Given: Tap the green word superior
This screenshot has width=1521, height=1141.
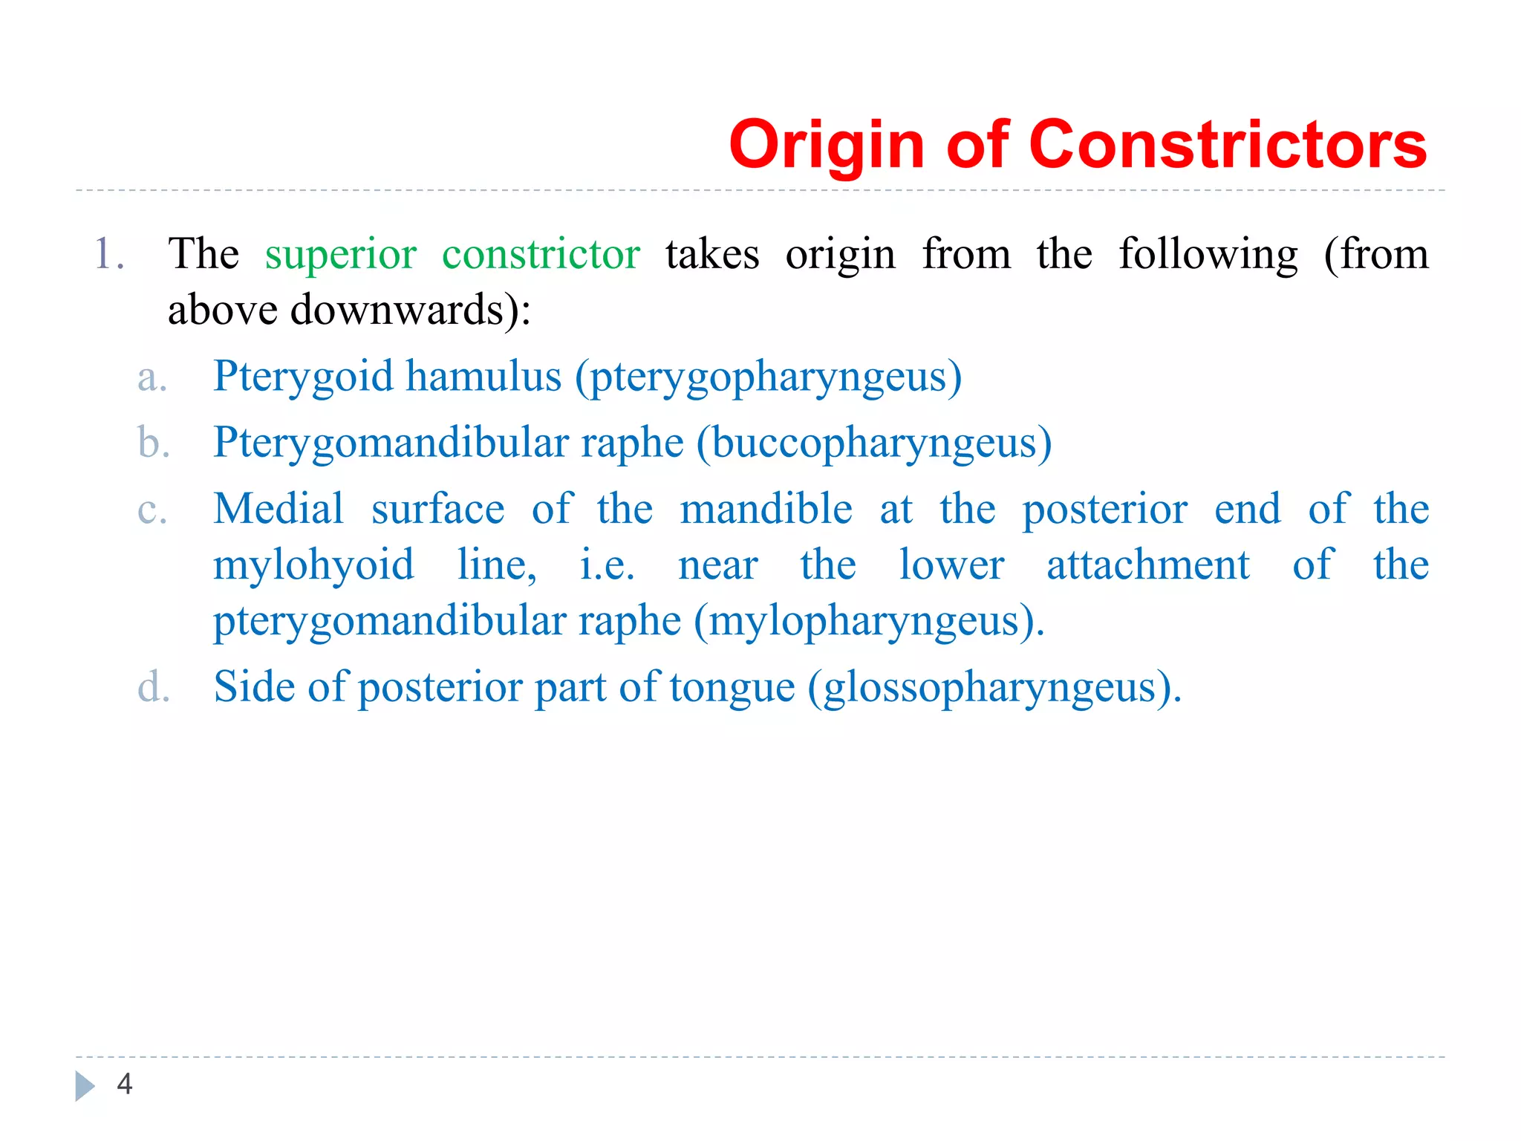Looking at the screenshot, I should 341,255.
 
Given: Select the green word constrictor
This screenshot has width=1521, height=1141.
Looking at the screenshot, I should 541,255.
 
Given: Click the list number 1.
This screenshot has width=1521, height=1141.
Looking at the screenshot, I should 108,255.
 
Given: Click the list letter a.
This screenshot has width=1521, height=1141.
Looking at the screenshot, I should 152,377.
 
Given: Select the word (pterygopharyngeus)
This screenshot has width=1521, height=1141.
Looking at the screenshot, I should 769,377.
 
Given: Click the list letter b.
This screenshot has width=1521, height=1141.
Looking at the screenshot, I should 154,443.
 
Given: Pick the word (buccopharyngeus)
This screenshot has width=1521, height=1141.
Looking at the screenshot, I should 874,443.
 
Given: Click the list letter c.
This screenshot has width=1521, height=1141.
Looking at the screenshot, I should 152,511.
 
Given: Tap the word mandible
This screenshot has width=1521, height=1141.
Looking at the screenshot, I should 766,510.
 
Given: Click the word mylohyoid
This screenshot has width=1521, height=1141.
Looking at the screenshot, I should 313,566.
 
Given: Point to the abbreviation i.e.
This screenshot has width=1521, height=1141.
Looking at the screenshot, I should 607,566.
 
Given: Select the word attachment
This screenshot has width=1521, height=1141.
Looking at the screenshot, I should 1148,565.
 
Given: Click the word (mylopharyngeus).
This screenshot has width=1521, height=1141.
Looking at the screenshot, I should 869,622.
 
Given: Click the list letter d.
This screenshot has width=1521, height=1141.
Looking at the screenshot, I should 154,687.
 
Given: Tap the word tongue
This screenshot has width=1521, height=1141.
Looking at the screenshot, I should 732,688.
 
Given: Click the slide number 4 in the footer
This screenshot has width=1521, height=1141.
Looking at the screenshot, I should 125,1085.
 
